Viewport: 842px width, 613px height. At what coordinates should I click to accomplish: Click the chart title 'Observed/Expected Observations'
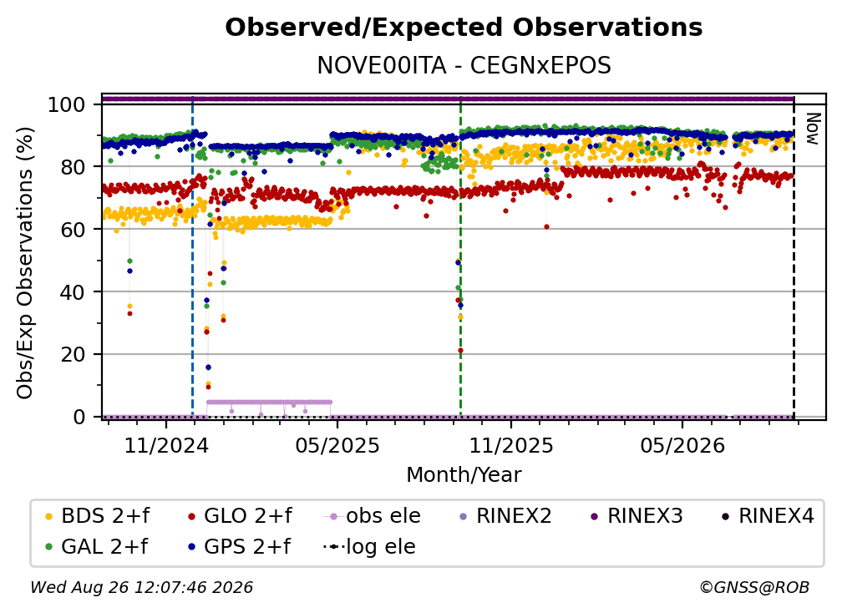click(464, 28)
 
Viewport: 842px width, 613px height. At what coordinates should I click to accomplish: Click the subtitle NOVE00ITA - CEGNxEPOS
click(464, 65)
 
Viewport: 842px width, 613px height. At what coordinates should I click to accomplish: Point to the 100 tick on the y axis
click(67, 104)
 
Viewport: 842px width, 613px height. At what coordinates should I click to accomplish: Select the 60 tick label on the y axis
click(73, 229)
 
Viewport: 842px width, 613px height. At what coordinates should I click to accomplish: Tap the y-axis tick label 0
click(79, 417)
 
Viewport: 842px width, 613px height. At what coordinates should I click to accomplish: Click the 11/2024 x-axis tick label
click(166, 445)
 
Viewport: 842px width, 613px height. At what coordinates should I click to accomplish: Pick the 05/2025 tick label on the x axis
click(337, 445)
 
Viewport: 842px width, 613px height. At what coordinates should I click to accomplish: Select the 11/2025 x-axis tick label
click(511, 445)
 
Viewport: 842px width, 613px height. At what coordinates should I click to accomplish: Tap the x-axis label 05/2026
click(682, 445)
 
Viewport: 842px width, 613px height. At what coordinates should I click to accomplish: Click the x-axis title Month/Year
click(464, 475)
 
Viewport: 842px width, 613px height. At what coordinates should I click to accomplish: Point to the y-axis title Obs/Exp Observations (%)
click(25, 262)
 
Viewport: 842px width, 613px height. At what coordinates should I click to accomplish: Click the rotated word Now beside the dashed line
click(813, 129)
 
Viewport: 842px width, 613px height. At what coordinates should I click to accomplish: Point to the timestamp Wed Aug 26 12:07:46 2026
click(141, 587)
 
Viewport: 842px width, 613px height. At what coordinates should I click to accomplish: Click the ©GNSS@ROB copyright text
click(754, 587)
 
